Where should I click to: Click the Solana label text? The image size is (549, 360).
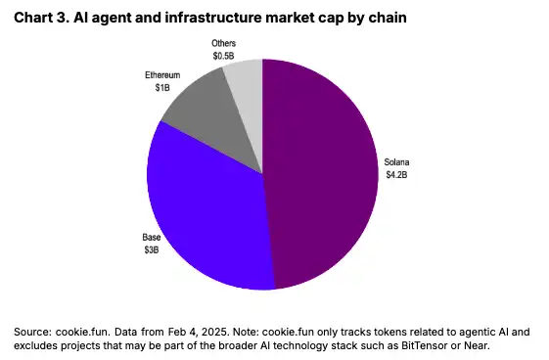click(396, 162)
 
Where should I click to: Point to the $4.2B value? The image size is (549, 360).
click(396, 174)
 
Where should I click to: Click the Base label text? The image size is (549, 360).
click(152, 237)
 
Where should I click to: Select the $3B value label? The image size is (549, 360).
click(152, 249)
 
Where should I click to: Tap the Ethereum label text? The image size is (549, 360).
click(162, 75)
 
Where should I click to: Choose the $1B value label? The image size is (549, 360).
click(162, 87)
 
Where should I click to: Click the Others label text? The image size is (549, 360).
click(224, 43)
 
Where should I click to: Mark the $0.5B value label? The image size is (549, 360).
click(224, 56)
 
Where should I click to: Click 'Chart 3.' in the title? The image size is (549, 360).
click(41, 18)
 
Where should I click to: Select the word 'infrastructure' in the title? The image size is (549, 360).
click(213, 18)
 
